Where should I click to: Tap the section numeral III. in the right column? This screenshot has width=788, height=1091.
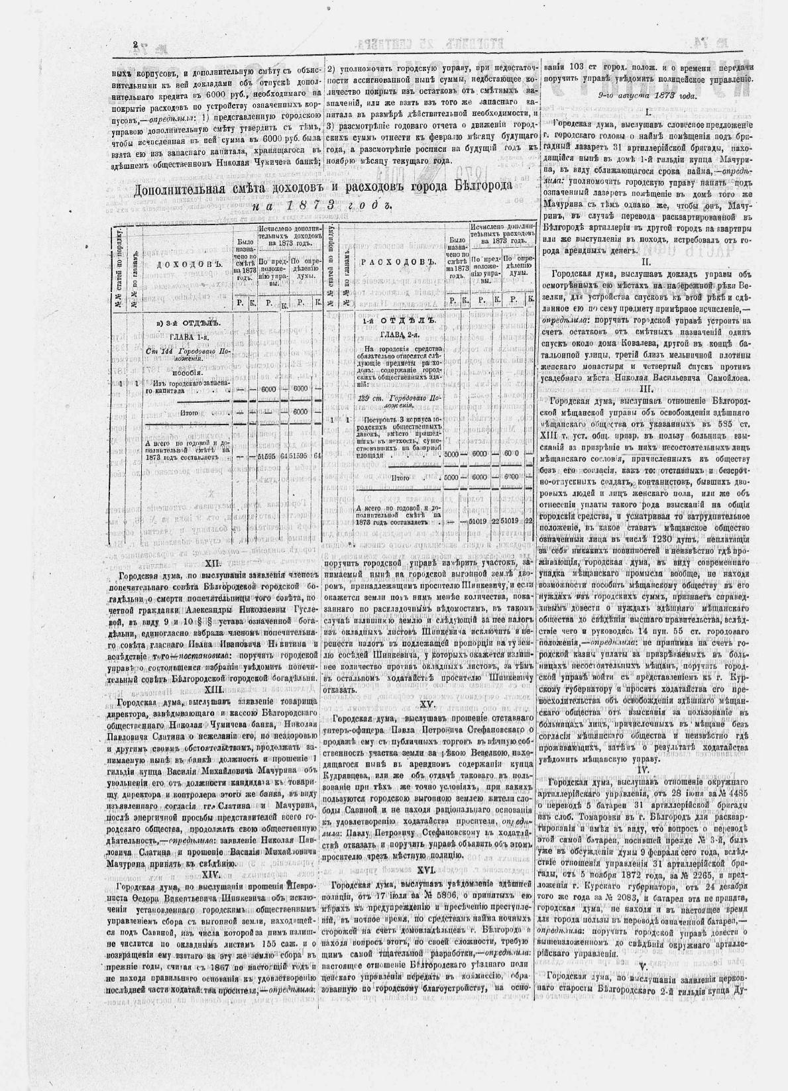[x=646, y=389]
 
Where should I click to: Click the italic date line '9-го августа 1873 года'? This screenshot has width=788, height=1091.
[x=647, y=95]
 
